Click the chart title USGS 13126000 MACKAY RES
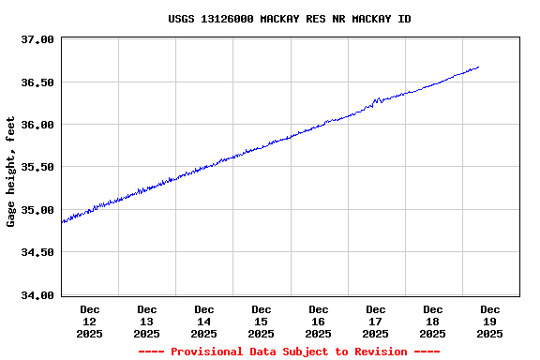pos(289,19)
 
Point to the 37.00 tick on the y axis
pos(38,39)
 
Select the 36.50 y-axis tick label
pos(38,82)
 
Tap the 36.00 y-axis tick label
pos(38,125)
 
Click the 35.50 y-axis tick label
pos(38,167)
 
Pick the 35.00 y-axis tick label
pos(38,210)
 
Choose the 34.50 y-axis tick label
pos(38,252)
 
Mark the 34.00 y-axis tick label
pos(38,295)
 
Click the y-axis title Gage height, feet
pos(11,172)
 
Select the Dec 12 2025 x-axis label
pos(90,321)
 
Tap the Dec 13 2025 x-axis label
pos(147,321)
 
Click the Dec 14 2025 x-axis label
pos(204,321)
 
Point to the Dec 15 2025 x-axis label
pos(262,321)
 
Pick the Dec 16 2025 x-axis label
pos(319,321)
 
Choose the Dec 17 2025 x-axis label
pos(376,321)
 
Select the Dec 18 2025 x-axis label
pos(433,321)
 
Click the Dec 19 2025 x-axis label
pos(490,321)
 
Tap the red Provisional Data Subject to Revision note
pos(289,352)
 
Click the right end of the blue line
pos(479,67)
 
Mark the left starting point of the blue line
pos(62,222)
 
